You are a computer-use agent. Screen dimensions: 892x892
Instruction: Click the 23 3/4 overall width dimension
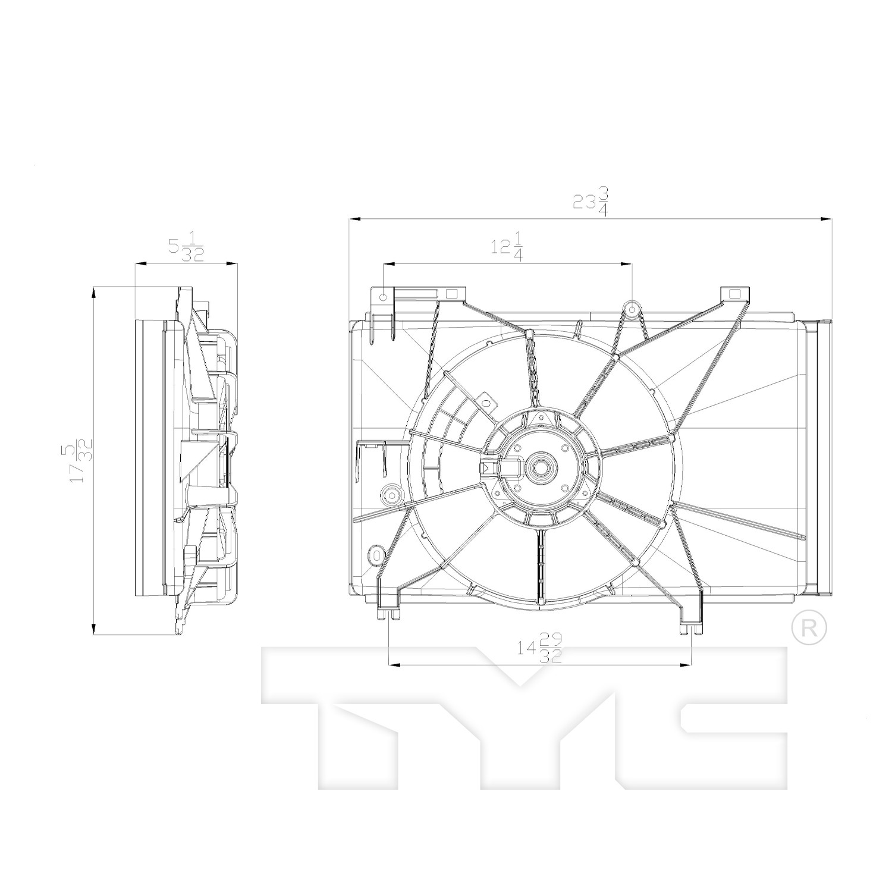(591, 202)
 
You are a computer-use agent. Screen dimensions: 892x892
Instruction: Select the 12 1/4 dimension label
(507, 246)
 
